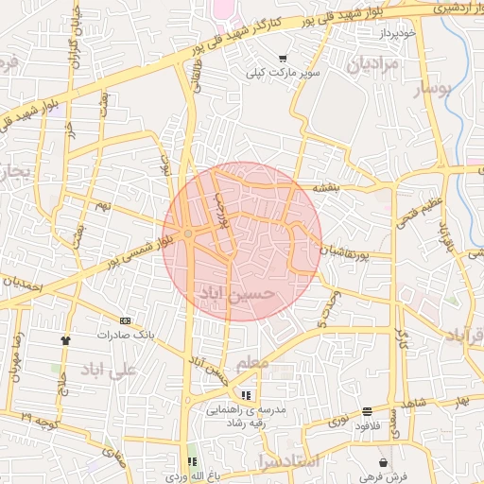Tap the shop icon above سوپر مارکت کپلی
283,59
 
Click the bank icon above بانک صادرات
126,320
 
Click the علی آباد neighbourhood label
111,368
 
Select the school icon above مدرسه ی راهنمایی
246,395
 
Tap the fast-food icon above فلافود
367,411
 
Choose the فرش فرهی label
383,476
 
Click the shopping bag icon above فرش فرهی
383,463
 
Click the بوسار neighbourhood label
437,89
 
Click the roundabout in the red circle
189,233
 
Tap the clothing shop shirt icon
65,340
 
